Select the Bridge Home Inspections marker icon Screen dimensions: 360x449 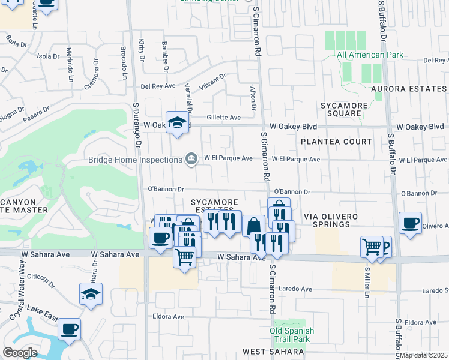click(x=191, y=158)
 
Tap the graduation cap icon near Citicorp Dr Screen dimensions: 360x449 click(x=91, y=294)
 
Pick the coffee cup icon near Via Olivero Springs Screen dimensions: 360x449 click(x=411, y=223)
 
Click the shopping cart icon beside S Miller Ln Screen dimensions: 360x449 click(x=372, y=245)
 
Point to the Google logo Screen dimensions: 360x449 click(x=20, y=353)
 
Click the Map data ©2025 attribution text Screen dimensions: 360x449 click(x=424, y=355)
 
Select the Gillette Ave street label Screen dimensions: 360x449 click(x=223, y=118)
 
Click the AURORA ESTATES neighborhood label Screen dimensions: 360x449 click(x=408, y=89)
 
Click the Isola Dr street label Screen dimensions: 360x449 click(x=49, y=56)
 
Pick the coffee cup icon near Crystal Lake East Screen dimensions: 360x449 click(x=70, y=329)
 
